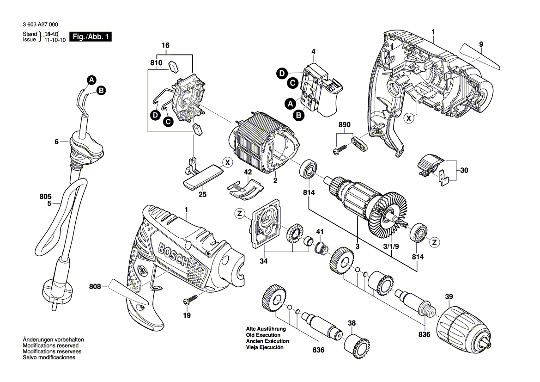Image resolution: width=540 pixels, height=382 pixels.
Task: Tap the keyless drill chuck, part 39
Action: click(467, 327)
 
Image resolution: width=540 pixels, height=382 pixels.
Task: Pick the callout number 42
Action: click(248, 172)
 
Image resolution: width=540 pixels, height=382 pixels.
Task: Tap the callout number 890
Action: click(345, 125)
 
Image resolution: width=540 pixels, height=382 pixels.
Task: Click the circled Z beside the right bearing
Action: click(435, 241)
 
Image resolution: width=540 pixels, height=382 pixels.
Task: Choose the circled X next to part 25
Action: click(226, 162)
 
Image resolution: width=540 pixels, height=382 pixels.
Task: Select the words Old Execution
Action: click(263, 335)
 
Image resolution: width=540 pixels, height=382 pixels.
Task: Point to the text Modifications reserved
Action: click(50, 345)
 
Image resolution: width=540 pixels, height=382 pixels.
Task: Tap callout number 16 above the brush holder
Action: click(165, 45)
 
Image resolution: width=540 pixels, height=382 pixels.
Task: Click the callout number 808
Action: click(95, 287)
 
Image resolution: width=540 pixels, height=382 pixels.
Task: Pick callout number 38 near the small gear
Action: click(352, 323)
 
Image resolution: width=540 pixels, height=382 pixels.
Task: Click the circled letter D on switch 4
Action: click(281, 73)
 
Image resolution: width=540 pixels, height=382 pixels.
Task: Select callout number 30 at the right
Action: click(463, 170)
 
